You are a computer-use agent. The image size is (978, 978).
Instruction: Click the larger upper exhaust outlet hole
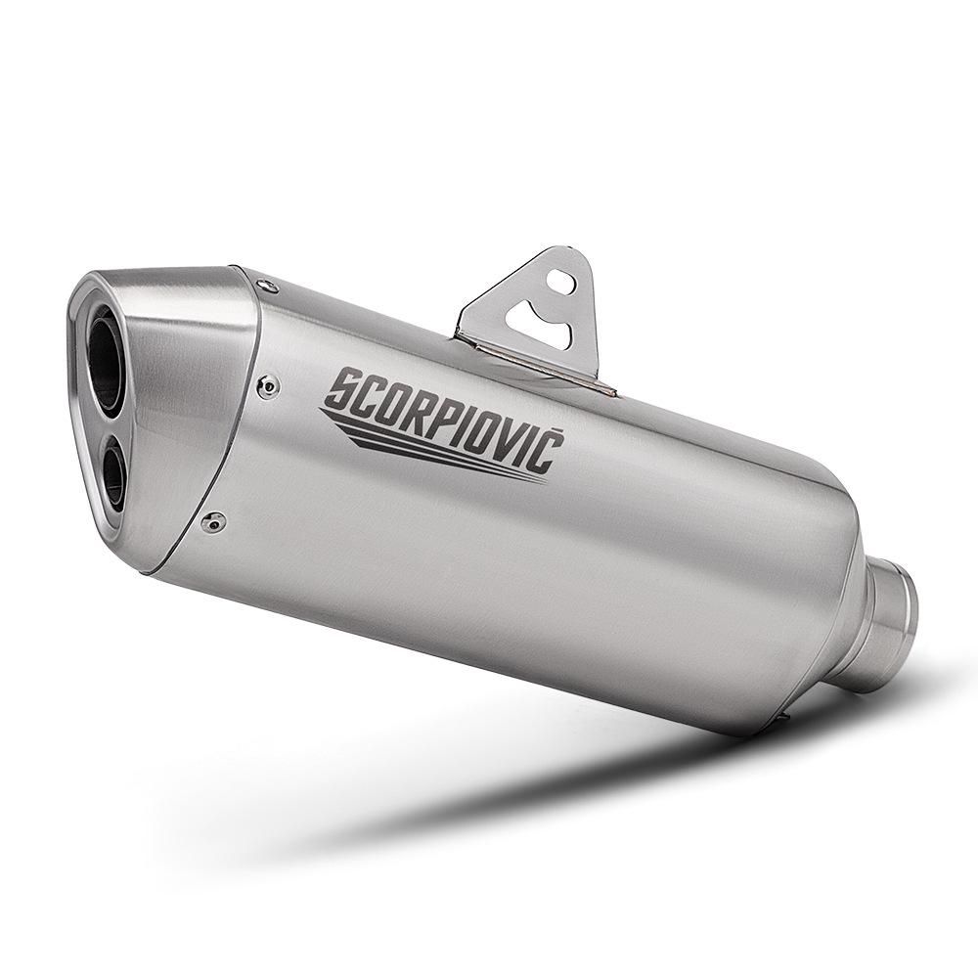tap(107, 348)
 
